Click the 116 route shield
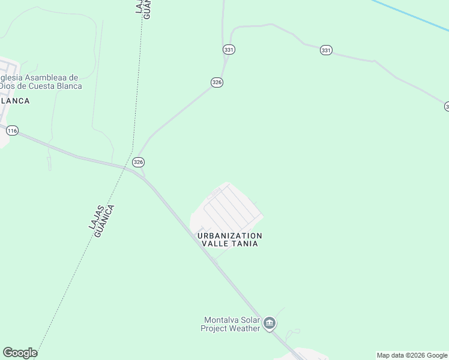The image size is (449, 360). click(x=13, y=130)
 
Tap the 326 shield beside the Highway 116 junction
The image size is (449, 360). click(x=139, y=162)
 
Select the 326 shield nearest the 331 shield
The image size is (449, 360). click(x=217, y=82)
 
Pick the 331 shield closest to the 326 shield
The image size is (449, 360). click(x=228, y=50)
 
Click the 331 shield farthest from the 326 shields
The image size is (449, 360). click(x=325, y=50)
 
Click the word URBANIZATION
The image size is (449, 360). click(x=230, y=236)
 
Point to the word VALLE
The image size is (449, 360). click(x=214, y=244)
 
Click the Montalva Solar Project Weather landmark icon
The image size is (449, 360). click(x=270, y=324)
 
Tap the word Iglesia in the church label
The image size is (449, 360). click(x=11, y=77)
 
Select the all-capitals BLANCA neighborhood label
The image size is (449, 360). click(x=14, y=101)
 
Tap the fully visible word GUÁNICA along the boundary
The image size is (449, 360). click(x=106, y=221)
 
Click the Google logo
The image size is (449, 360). click(x=20, y=353)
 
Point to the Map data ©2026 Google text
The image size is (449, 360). click(x=412, y=355)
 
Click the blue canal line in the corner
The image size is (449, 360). click(x=414, y=15)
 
